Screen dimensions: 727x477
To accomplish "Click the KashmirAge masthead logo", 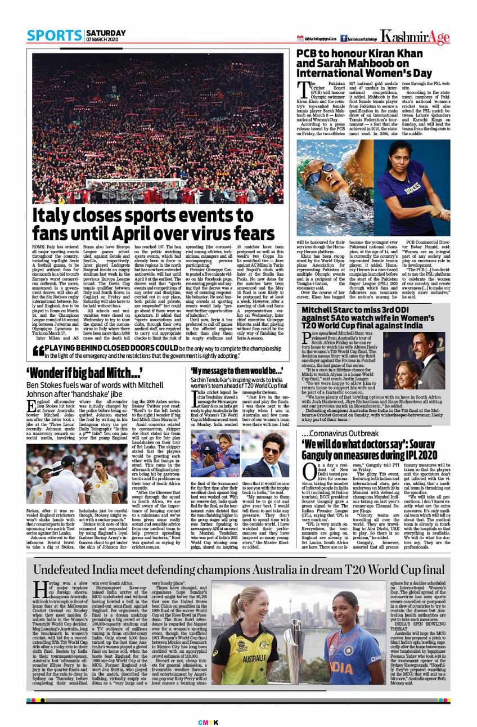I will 415,37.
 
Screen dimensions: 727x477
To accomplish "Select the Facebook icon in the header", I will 343,38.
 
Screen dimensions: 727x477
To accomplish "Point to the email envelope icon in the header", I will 300,38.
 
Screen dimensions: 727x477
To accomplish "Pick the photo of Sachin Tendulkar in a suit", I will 265,454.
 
